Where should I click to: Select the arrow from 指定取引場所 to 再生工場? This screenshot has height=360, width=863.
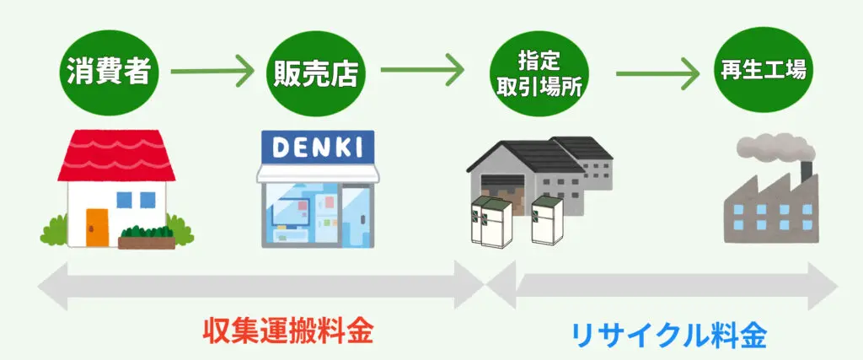(657, 73)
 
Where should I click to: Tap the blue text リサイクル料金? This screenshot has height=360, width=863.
(669, 335)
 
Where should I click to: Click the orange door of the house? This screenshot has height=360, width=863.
(97, 225)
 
